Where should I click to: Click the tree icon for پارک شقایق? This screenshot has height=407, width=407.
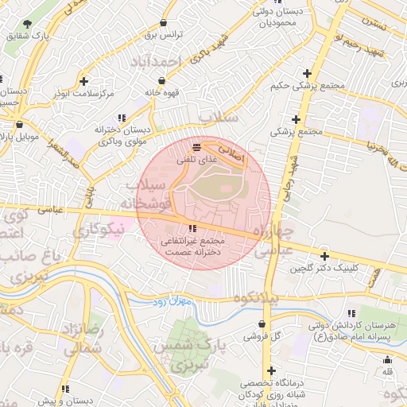click(x=28, y=24)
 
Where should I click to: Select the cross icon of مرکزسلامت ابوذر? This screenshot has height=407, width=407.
click(x=84, y=81)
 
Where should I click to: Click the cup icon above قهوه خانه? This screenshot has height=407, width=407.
click(x=162, y=80)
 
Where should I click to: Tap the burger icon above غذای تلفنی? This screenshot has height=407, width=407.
click(x=196, y=147)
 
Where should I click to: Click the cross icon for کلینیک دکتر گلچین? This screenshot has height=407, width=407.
click(x=324, y=256)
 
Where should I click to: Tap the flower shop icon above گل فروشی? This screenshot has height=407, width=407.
click(x=263, y=324)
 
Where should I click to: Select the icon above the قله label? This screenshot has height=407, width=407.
click(x=386, y=359)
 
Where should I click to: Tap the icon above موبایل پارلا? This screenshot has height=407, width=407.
click(x=19, y=125)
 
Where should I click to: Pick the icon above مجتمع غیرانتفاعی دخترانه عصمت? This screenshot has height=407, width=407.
click(x=193, y=229)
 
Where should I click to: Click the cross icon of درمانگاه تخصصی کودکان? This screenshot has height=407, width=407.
click(x=272, y=371)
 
